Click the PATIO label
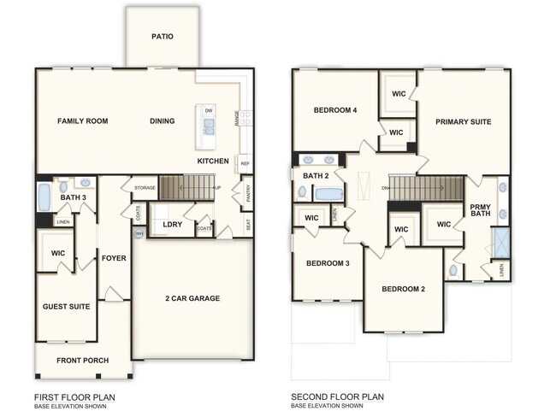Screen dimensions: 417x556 [x=163, y=37]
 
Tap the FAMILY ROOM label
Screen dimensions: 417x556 [x=82, y=121]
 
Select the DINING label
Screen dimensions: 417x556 [x=163, y=121]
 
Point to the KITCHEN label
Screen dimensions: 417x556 [x=212, y=161]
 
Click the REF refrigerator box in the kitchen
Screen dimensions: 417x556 [x=245, y=163]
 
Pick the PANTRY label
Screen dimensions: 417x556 [x=246, y=197]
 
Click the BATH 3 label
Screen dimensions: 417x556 [x=73, y=198]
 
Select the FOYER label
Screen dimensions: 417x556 [x=114, y=258]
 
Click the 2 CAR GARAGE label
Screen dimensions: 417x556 [x=192, y=298]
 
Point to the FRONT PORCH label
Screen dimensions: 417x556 [x=82, y=361]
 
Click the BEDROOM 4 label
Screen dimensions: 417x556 [x=334, y=110]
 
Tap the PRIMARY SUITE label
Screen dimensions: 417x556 [x=463, y=122]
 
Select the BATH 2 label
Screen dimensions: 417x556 [x=316, y=176]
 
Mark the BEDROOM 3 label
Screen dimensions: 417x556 [x=328, y=263]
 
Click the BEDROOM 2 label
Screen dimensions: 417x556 [x=404, y=290]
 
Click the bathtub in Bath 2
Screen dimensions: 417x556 [x=328, y=194]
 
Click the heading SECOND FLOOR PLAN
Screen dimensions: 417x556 [x=338, y=396]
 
